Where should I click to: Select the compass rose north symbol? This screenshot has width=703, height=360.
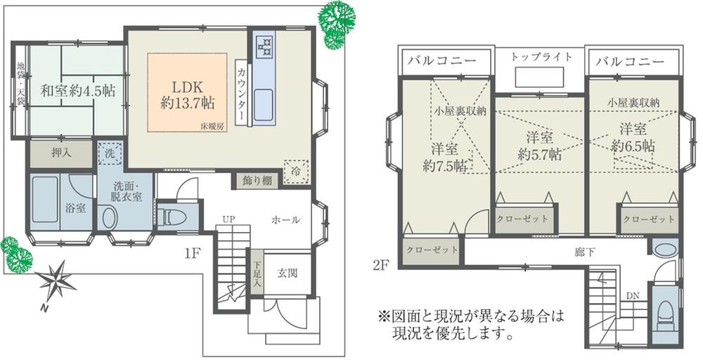[57, 281]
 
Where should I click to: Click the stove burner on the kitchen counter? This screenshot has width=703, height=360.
[266, 46]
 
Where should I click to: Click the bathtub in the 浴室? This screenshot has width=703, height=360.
[45, 200]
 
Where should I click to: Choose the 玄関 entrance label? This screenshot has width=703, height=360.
[287, 272]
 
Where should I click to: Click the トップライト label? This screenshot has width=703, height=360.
[542, 56]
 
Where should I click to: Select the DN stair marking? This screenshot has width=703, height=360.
[633, 296]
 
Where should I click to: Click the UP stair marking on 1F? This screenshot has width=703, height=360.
[228, 220]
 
